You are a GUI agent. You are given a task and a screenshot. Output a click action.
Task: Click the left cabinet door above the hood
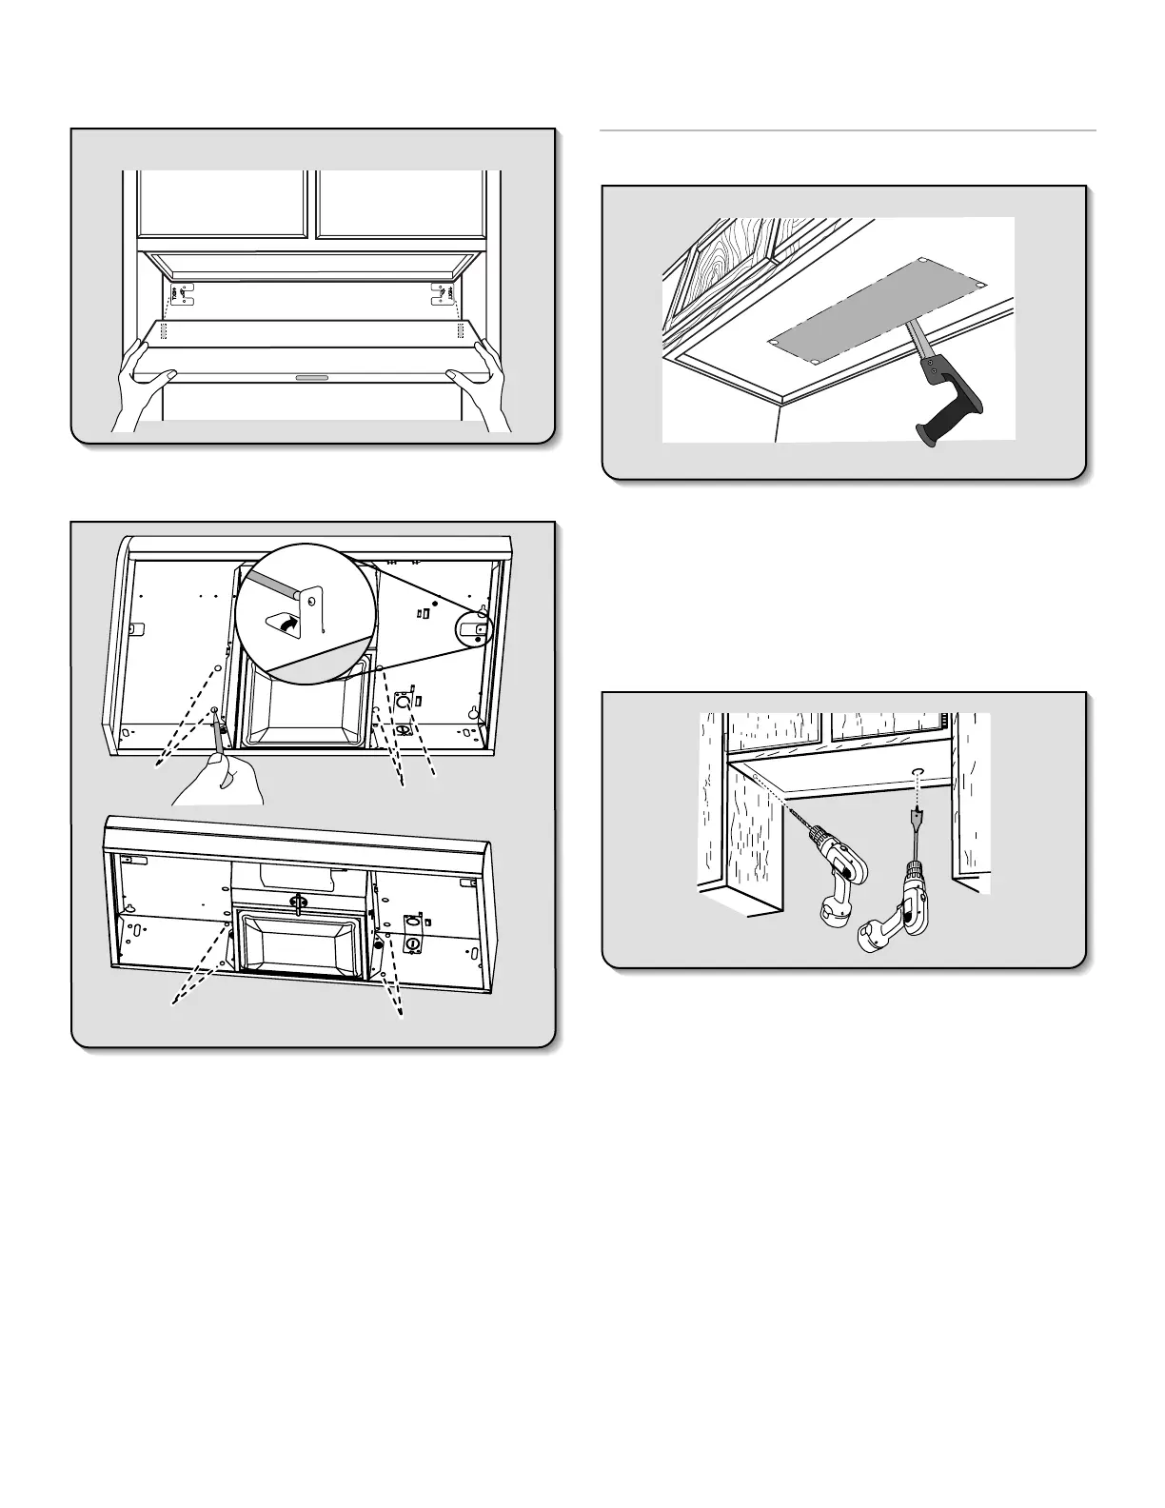pyautogui.click(x=223, y=204)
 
